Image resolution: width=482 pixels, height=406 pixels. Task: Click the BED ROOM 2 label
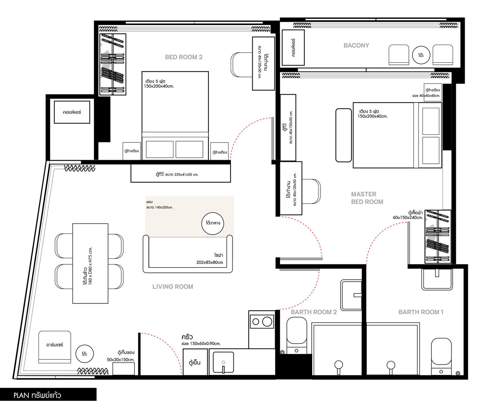click(x=184, y=57)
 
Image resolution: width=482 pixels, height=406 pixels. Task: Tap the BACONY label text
click(x=356, y=45)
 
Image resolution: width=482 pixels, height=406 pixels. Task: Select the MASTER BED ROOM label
click(x=367, y=198)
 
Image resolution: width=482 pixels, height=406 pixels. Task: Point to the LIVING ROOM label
click(x=173, y=287)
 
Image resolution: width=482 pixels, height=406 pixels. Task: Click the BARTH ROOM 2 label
click(x=314, y=312)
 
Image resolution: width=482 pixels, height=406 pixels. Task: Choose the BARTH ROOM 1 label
click(x=421, y=312)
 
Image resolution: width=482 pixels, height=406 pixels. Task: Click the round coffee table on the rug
click(x=212, y=223)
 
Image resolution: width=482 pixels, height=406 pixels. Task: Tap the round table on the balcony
click(x=421, y=55)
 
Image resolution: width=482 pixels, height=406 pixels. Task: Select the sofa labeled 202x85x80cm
click(x=188, y=254)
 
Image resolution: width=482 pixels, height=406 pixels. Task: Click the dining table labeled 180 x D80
click(x=90, y=263)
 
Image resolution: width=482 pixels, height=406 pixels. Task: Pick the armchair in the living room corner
click(x=55, y=347)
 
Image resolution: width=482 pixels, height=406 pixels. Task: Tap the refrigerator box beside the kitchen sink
click(x=195, y=362)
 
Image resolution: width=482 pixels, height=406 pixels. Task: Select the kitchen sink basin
click(x=223, y=362)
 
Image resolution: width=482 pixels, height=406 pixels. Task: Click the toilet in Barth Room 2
click(x=297, y=335)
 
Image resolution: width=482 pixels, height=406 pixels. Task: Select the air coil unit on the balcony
click(x=293, y=47)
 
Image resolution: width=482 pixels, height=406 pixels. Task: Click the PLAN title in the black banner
click(x=37, y=395)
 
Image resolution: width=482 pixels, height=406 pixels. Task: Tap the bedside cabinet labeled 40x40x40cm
click(x=433, y=93)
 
